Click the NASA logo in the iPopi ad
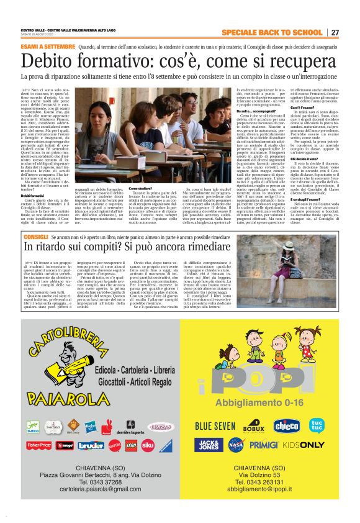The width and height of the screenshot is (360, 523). (x=235, y=444)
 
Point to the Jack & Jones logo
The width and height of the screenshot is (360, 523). (x=209, y=444)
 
